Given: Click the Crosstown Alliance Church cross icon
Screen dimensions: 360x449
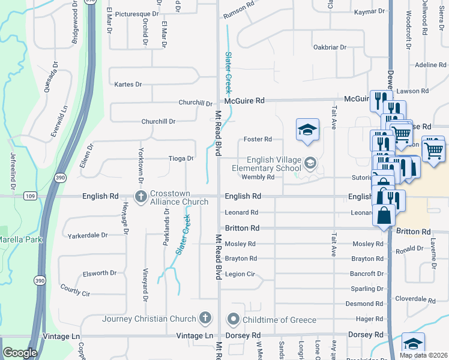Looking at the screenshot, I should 141,196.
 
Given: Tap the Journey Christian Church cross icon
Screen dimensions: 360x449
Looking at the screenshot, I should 206,317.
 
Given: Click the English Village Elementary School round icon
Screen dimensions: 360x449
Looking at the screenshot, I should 310,163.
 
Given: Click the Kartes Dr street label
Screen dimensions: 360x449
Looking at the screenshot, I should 128,85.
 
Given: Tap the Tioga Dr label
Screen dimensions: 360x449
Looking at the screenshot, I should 181,159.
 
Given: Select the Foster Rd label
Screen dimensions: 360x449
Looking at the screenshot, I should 258,140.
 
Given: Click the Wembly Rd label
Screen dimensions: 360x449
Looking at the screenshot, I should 258,177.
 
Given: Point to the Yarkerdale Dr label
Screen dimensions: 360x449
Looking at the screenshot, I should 88,235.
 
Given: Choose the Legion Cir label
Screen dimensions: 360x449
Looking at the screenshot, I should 240,274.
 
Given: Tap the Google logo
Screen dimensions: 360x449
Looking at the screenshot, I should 20,353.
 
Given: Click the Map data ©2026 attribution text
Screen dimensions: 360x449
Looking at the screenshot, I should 423,355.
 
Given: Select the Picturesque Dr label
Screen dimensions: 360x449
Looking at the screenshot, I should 137,14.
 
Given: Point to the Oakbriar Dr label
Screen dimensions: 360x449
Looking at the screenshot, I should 330,47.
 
